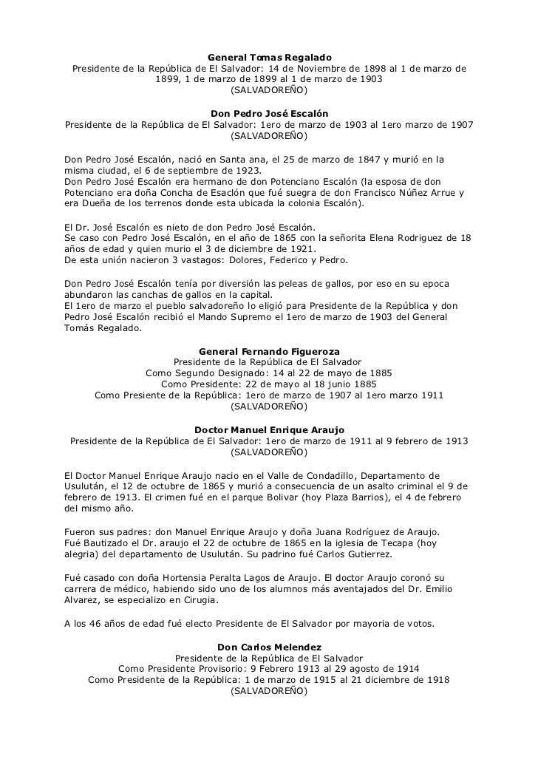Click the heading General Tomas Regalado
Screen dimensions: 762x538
269,58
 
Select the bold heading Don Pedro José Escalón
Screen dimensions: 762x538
269,114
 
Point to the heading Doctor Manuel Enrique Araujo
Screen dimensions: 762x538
269,430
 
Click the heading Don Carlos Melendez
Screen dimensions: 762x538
269,647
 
